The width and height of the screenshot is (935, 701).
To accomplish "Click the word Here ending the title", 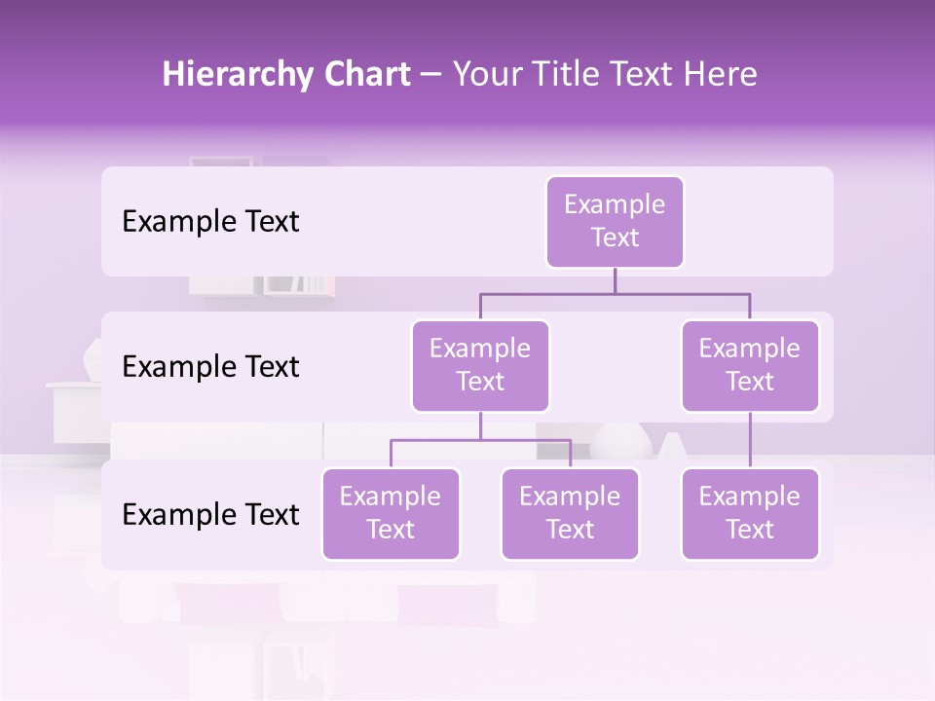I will (721, 75).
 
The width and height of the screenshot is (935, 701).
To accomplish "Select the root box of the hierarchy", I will (615, 221).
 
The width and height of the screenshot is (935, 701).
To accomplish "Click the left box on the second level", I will (480, 365).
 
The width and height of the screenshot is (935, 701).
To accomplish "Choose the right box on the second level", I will (750, 365).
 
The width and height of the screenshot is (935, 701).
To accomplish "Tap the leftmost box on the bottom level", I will (391, 513).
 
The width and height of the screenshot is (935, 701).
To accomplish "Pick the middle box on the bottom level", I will (570, 513).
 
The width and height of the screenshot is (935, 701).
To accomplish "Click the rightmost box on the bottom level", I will (750, 513).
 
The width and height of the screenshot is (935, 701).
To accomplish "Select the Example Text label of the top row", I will (210, 222).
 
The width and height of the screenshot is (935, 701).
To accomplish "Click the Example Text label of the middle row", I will (210, 367).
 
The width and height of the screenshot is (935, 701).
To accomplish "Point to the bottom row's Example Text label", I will (210, 515).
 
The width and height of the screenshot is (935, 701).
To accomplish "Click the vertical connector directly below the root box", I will (615, 280).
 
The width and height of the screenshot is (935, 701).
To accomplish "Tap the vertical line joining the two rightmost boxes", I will (750, 440).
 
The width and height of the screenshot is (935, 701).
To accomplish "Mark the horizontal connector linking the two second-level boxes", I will (615, 293).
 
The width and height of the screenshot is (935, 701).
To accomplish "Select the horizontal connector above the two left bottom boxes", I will (480, 440).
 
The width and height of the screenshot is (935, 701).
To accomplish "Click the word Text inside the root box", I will (615, 238).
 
